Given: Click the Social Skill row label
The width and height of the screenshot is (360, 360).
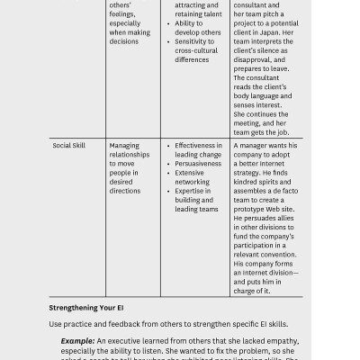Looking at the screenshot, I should coord(76,145).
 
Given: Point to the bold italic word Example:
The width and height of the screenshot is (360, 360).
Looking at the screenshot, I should coord(78,341).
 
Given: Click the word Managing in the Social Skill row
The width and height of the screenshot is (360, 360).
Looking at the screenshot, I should coord(125,145).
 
